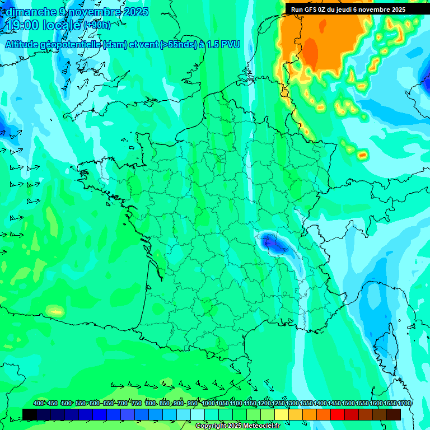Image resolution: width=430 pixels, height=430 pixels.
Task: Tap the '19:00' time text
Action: [23, 25]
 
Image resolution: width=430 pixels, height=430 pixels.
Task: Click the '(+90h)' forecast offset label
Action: [97, 25]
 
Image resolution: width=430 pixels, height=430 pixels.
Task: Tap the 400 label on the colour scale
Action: [39, 404]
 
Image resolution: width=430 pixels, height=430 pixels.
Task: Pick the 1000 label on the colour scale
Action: [208, 404]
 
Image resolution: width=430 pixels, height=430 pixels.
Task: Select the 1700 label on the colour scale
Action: [404, 404]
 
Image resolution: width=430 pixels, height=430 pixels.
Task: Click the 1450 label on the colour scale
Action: [334, 404]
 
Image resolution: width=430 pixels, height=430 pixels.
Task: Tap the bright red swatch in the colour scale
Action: [338, 414]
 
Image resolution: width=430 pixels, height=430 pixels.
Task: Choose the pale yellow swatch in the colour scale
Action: [282, 414]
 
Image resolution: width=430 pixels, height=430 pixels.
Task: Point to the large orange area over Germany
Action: [319, 45]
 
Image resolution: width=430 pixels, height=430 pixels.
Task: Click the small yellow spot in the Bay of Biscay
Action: [55, 311]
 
